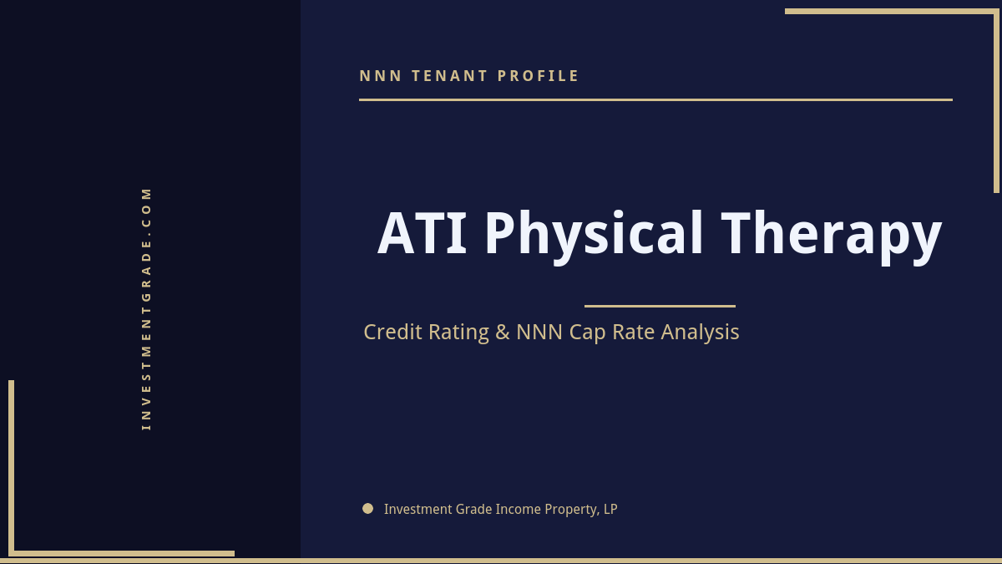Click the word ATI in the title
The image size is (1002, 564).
(423, 234)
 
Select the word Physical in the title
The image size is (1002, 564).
(594, 234)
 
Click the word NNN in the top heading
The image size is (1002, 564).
(380, 76)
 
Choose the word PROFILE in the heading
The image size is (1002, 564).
(538, 76)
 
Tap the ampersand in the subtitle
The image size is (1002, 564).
(503, 332)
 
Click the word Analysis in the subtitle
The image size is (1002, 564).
(700, 332)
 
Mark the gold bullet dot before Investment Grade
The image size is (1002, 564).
(367, 508)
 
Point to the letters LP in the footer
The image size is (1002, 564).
(610, 509)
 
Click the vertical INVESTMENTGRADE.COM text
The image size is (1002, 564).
(146, 308)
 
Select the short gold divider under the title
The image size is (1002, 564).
(660, 306)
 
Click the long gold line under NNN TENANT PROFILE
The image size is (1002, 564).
(655, 99)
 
